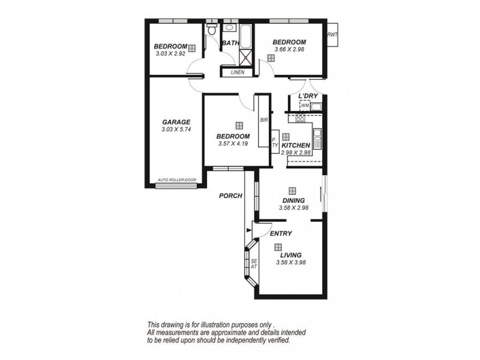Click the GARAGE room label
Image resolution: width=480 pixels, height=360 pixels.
(176, 122)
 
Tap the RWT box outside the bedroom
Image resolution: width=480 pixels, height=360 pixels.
(332, 35)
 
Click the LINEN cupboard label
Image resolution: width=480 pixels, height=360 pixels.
(238, 73)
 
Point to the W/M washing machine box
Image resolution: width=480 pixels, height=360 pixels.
(305, 106)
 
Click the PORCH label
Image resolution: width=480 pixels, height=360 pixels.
(230, 196)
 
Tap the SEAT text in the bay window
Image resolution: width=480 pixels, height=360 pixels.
(254, 264)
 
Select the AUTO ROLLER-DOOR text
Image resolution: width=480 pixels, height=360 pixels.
(177, 180)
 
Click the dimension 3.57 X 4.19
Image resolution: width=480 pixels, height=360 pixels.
(233, 143)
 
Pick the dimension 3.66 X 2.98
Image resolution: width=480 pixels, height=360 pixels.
(289, 49)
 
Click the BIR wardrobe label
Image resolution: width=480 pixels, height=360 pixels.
(264, 121)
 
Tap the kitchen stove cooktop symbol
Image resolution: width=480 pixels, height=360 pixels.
(301, 118)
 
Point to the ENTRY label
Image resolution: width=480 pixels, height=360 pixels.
(281, 233)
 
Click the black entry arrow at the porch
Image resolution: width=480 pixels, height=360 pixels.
(248, 230)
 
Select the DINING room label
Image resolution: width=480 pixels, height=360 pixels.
(293, 200)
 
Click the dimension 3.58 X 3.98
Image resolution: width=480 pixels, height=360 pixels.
(291, 262)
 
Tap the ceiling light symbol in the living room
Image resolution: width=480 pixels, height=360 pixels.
(278, 247)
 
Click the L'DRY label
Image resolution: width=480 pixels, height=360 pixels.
(308, 96)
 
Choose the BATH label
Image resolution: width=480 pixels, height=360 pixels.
(230, 43)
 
